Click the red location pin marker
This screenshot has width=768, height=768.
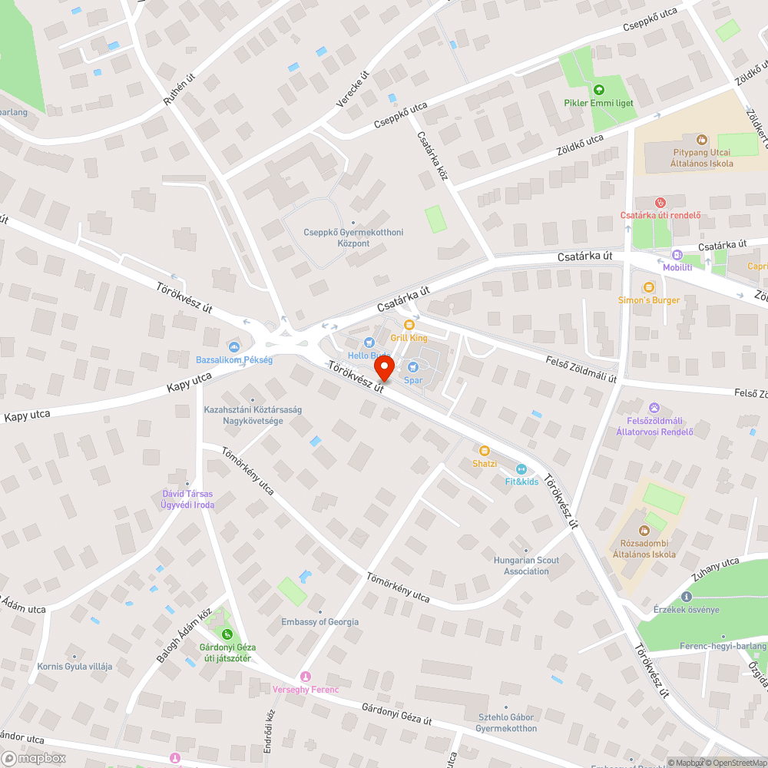click(383, 368)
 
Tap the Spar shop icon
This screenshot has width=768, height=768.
click(412, 367)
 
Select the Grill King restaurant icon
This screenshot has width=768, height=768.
click(409, 325)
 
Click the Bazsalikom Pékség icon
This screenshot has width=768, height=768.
click(234, 347)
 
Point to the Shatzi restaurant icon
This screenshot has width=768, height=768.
click(485, 451)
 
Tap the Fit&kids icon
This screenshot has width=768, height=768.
click(521, 468)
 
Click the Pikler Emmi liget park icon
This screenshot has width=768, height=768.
click(598, 89)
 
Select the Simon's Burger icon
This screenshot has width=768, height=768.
click(649, 286)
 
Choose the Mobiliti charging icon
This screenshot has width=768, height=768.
click(677, 255)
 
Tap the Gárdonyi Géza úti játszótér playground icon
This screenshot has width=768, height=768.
click(227, 634)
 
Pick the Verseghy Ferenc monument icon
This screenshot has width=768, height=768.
click(306, 676)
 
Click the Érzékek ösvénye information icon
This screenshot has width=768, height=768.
click(686, 597)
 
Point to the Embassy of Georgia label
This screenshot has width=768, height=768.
click(319, 622)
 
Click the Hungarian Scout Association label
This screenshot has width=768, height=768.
click(526, 565)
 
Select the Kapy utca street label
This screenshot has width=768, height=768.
click(189, 383)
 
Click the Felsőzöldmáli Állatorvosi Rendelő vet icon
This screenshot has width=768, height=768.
click(654, 407)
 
